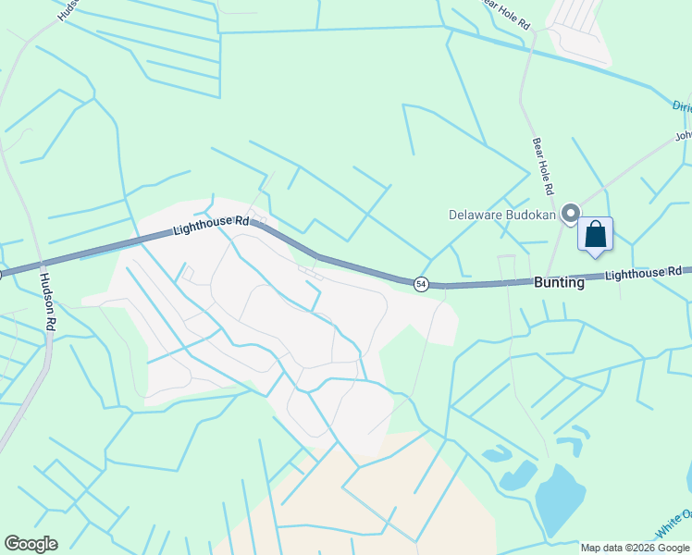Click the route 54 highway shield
click(x=421, y=283)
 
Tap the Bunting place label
click(x=559, y=283)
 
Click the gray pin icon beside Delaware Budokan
click(x=571, y=214)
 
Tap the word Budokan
click(x=531, y=215)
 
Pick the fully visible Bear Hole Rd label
click(x=543, y=166)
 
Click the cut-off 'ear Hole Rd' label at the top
click(x=507, y=14)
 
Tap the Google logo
click(x=31, y=544)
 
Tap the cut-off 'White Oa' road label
click(x=673, y=525)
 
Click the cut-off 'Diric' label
click(x=681, y=105)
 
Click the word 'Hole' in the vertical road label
click(x=544, y=167)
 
